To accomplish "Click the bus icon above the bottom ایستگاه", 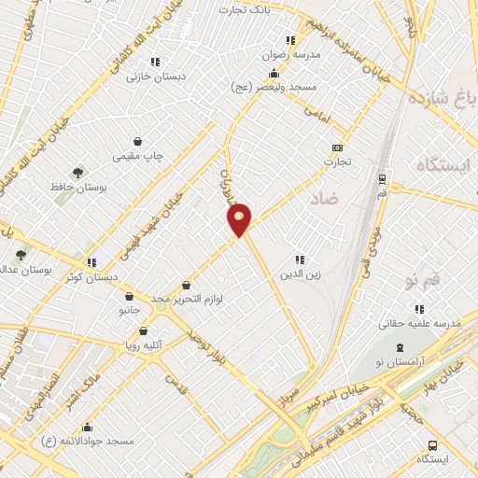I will tap(431, 444).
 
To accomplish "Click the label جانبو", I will tap(129, 307).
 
